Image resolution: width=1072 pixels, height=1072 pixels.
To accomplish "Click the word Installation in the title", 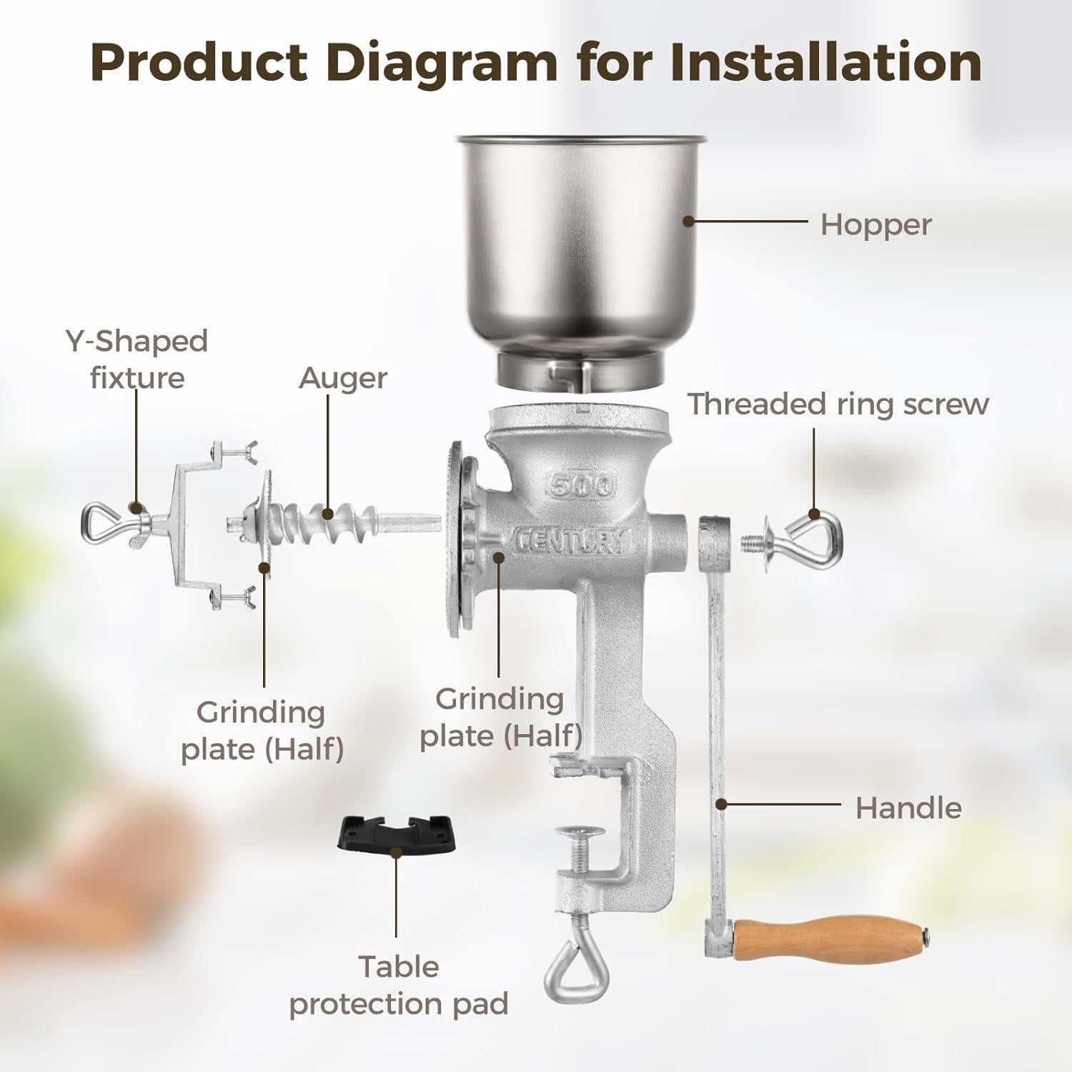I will click(x=825, y=63).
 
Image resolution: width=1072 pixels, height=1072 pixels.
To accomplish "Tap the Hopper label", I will click(x=875, y=224).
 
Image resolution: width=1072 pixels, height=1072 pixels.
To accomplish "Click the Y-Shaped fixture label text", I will click(x=137, y=359).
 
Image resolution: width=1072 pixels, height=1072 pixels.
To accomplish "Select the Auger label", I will click(x=343, y=378).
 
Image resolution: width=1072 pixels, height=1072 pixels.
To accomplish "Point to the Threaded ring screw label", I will click(x=838, y=404).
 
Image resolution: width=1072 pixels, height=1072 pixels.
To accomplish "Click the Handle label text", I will click(x=908, y=808).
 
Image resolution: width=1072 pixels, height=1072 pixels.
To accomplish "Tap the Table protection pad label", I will click(x=398, y=985).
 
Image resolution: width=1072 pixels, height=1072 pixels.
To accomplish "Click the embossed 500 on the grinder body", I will click(x=581, y=485).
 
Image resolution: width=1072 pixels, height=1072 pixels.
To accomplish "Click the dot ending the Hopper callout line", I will click(x=688, y=222).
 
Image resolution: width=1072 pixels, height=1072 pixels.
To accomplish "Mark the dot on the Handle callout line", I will click(x=721, y=805).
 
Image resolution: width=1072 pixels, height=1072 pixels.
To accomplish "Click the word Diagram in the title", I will click(x=441, y=63).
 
